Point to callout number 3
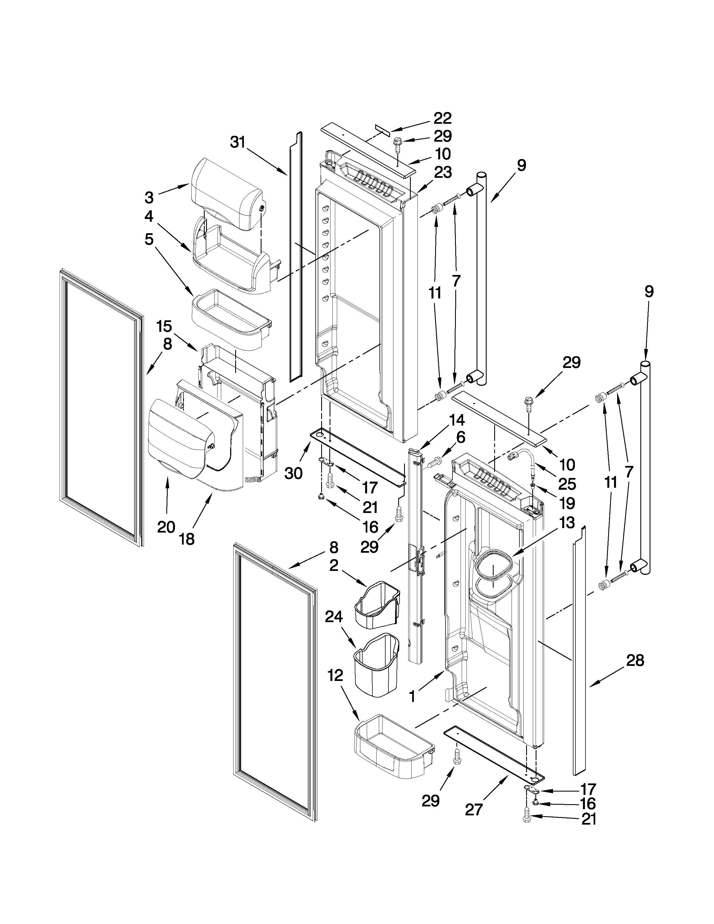(x=149, y=197)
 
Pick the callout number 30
(x=293, y=473)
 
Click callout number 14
(x=456, y=421)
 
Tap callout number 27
(x=474, y=809)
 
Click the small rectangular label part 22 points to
(x=382, y=129)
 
